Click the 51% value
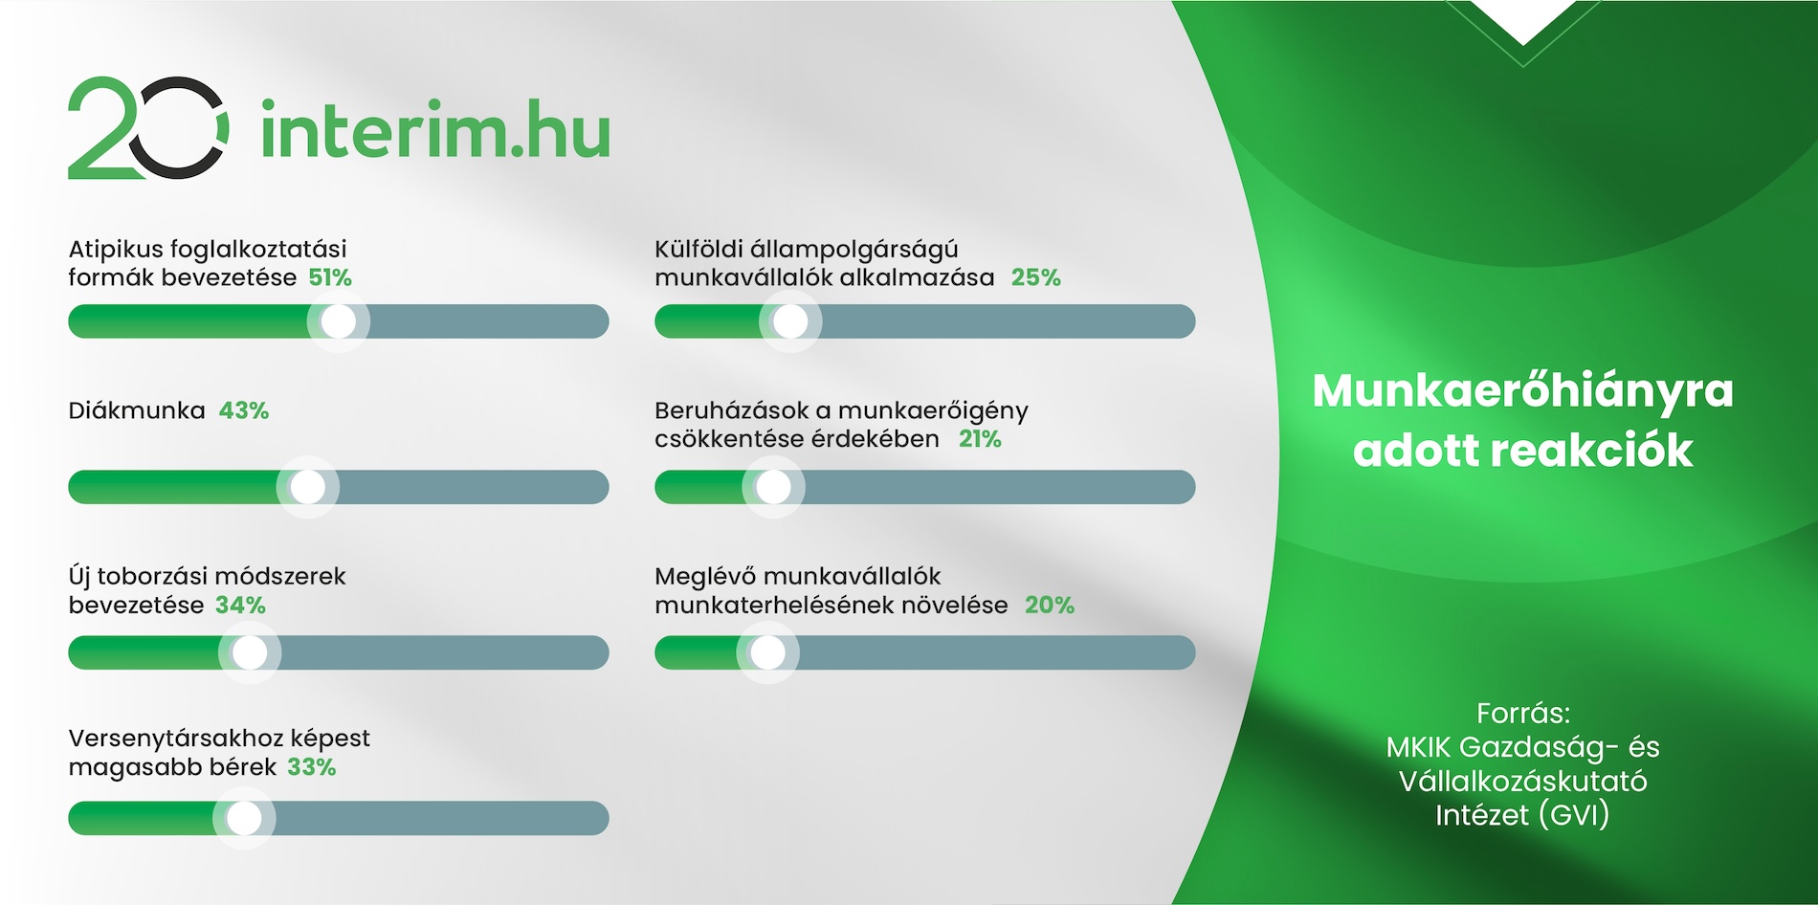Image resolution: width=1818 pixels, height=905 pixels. (330, 277)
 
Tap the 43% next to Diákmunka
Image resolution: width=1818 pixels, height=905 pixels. (244, 410)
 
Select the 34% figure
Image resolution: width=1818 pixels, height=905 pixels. (240, 605)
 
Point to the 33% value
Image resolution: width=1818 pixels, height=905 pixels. (312, 766)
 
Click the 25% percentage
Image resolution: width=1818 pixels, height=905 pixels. (1036, 277)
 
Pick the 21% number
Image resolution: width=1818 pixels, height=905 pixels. (980, 439)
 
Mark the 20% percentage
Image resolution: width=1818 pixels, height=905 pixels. (1050, 605)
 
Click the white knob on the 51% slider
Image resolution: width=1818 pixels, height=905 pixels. (338, 321)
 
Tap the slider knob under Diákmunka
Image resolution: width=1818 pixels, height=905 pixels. (307, 487)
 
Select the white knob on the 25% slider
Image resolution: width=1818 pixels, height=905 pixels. (790, 321)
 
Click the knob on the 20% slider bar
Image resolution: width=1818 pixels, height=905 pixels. (767, 652)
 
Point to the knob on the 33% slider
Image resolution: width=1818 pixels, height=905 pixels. (244, 818)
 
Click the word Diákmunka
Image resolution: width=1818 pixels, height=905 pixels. (137, 410)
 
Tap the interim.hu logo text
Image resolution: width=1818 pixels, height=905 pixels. (435, 130)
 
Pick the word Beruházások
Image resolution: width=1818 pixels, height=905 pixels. (732, 410)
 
